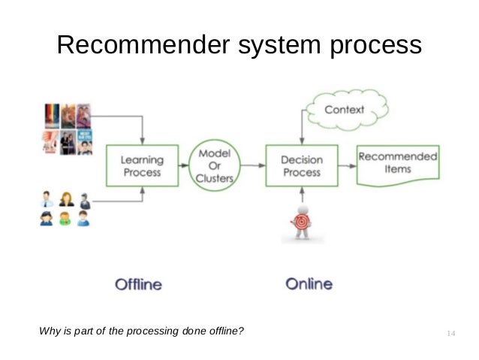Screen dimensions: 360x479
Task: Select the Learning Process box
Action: [x=142, y=166]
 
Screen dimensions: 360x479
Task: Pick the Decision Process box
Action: [x=300, y=166]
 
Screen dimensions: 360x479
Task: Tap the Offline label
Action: [x=138, y=284]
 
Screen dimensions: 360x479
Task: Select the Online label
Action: [x=309, y=284]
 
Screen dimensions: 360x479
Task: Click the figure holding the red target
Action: [x=300, y=222]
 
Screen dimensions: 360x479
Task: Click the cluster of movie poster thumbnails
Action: [x=67, y=129]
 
